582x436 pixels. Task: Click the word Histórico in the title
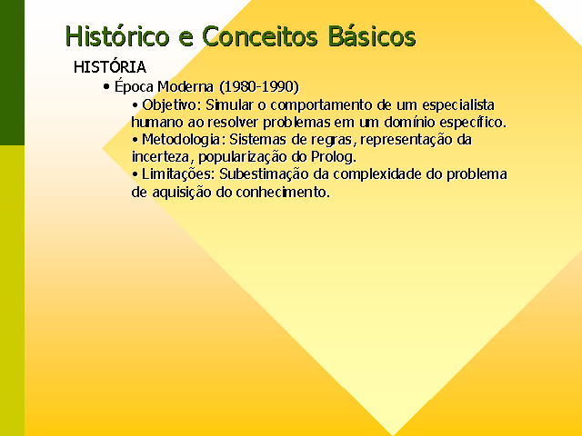(x=117, y=36)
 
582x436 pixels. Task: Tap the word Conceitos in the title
(x=260, y=36)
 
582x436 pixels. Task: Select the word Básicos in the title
(x=372, y=36)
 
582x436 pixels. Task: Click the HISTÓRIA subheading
(x=110, y=66)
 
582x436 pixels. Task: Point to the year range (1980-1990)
(x=259, y=87)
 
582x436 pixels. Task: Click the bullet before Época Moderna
(x=107, y=87)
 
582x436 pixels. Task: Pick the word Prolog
(x=334, y=157)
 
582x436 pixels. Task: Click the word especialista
(x=458, y=105)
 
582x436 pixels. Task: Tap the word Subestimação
(x=264, y=174)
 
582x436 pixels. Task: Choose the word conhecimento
(x=283, y=192)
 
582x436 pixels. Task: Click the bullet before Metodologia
(x=135, y=140)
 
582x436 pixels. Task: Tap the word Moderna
(x=186, y=87)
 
